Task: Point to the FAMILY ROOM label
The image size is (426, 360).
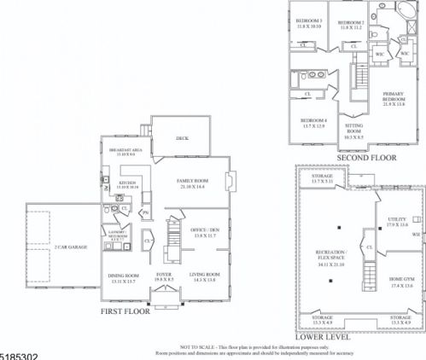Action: pyautogui.click(x=193, y=183)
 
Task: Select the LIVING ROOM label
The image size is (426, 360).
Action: pyautogui.click(x=205, y=275)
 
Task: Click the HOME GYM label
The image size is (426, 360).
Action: pyautogui.click(x=401, y=280)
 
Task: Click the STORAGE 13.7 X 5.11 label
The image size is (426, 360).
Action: pyautogui.click(x=322, y=178)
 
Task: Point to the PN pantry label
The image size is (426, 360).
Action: pyautogui.click(x=146, y=212)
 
